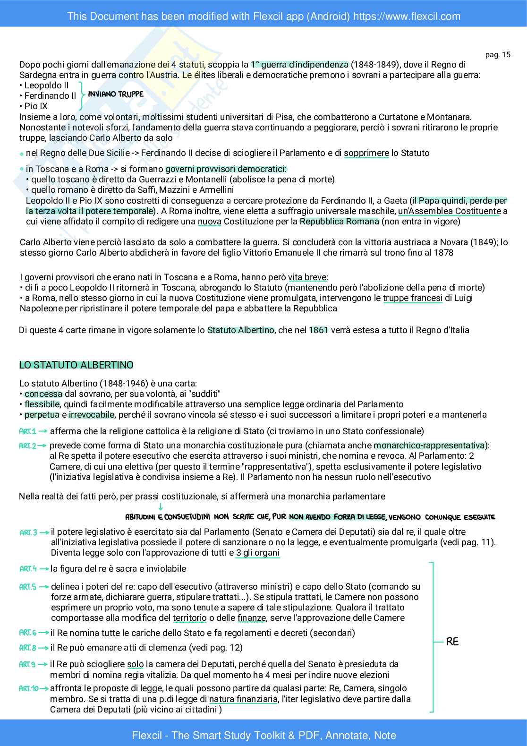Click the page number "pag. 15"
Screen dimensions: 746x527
498,54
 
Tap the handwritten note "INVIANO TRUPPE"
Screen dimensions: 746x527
116,94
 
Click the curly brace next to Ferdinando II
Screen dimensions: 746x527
82,95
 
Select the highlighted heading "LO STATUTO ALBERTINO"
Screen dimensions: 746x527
76,365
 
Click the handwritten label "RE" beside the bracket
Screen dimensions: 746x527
452,642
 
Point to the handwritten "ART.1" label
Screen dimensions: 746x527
27,431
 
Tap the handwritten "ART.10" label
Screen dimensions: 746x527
28,688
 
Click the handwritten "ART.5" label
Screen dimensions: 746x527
27,587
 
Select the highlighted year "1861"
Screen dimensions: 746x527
318,330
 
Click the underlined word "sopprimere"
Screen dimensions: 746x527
366,153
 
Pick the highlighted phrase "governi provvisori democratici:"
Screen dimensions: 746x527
225,169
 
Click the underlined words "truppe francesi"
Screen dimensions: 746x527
412,298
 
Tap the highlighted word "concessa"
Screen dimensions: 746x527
43,394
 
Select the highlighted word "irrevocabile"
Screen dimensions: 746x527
92,415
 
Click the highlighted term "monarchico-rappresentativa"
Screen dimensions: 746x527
429,446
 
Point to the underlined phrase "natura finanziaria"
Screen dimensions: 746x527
244,699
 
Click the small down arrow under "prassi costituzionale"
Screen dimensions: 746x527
161,506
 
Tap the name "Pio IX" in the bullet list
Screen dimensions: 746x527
36,106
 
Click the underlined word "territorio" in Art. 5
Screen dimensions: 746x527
189,618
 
